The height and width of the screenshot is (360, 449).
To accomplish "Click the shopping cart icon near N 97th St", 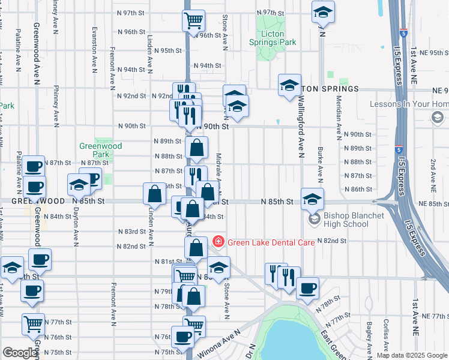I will [194, 21].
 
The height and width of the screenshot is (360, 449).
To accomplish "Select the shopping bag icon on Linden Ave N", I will [154, 194].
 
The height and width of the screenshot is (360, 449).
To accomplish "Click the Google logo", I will [20, 353].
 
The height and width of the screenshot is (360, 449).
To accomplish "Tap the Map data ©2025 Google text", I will [411, 355].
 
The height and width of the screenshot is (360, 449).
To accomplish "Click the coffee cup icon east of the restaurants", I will [307, 288].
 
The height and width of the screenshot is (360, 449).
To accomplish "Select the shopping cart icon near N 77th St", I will [33, 324].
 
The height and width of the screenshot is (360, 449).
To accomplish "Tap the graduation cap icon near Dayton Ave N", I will [79, 185].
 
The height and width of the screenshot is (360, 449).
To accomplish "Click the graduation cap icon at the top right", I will [323, 13].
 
